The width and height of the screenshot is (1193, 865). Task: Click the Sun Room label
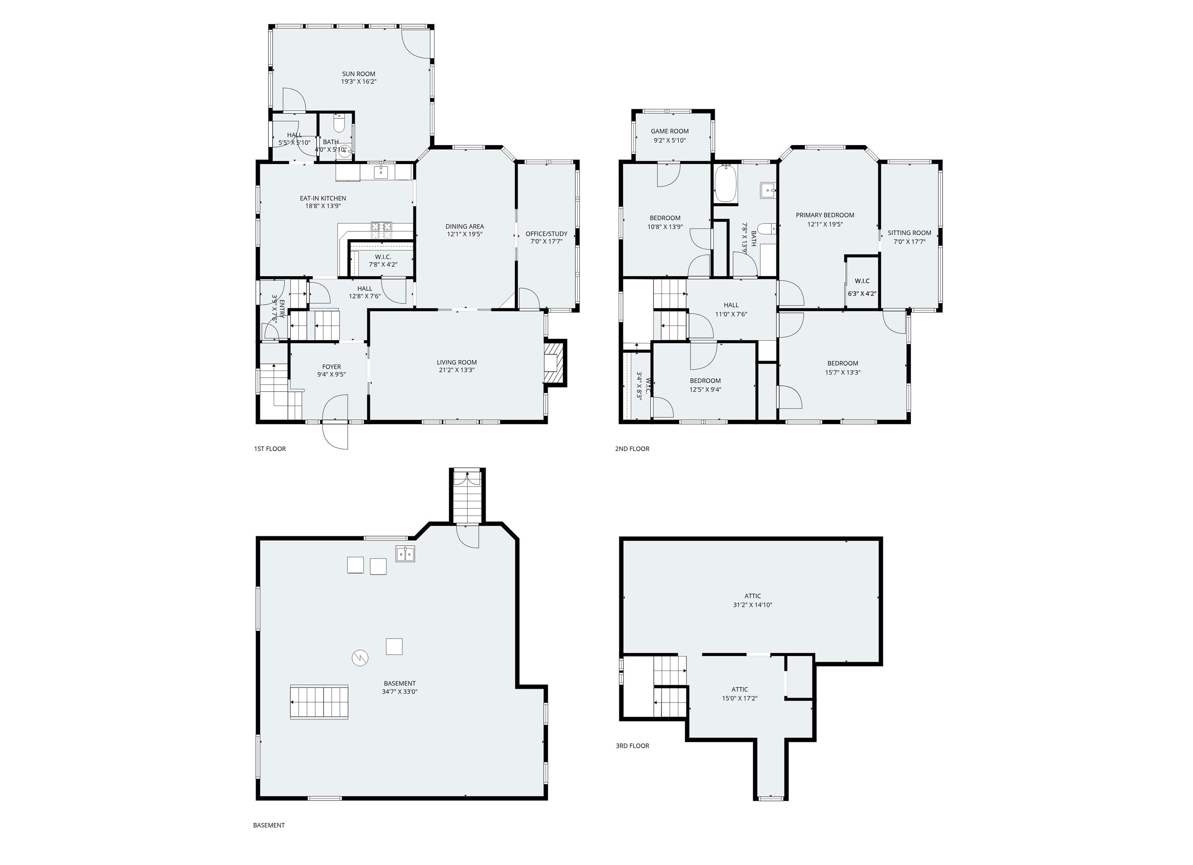358,74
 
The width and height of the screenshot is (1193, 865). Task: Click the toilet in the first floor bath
339,124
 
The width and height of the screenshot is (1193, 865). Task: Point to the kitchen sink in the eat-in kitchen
381,172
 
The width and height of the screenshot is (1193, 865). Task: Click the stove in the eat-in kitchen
381,227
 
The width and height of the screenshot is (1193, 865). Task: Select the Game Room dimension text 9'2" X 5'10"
669,141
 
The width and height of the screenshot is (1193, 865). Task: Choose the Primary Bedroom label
824,215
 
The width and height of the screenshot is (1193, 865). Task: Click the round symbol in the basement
360,657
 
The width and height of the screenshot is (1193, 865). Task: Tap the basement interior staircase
319,702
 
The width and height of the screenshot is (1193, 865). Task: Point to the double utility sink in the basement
405,554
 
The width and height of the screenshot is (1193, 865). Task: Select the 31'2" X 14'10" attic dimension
752,605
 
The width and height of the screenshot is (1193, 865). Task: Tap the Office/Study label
546,234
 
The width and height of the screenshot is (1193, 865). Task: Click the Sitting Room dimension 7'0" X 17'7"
909,242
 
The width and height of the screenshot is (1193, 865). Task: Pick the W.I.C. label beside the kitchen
383,257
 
